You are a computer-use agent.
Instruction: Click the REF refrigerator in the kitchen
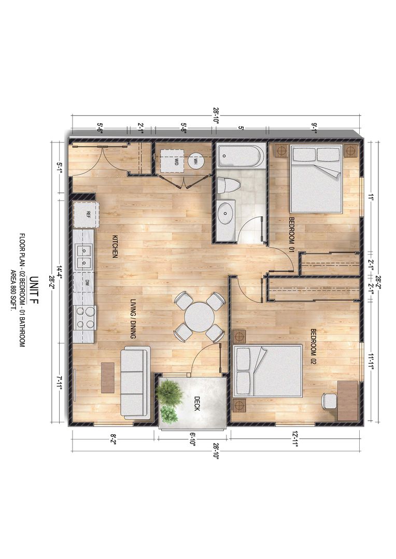87,215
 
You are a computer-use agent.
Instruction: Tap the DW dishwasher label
88,283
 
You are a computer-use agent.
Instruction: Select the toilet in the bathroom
228,185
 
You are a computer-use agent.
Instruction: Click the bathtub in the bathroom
241,156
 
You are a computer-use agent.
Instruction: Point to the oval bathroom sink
225,213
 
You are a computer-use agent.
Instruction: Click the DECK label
197,404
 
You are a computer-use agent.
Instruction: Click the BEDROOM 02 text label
313,347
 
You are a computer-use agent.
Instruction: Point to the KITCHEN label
115,246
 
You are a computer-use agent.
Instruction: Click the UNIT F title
34,290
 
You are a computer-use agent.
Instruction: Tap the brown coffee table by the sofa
108,378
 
